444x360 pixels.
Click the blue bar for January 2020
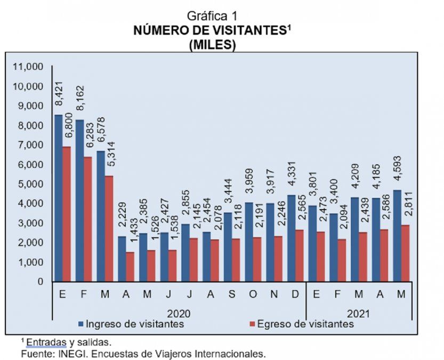(59, 197)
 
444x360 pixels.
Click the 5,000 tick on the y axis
(30, 184)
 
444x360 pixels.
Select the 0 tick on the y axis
(39, 282)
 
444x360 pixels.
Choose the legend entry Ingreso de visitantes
(131, 324)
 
